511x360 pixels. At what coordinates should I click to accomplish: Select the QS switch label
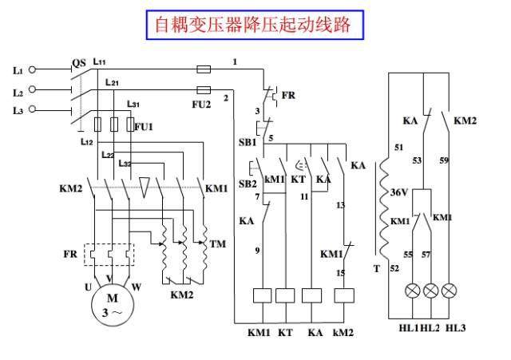(x=78, y=62)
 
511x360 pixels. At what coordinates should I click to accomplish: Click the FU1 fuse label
(x=143, y=127)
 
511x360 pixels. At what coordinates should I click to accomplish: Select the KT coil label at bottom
(x=285, y=330)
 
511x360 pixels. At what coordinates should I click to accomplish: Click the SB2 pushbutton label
(x=247, y=184)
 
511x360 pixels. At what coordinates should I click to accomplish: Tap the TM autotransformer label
(x=217, y=242)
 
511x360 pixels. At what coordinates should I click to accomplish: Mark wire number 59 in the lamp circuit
(x=444, y=160)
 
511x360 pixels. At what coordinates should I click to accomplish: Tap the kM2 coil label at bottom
(x=344, y=330)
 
